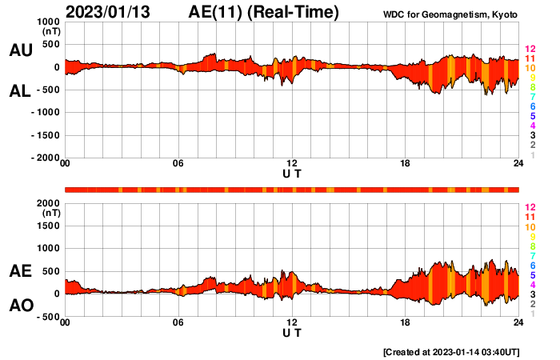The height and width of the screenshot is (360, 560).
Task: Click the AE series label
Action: tap(20, 271)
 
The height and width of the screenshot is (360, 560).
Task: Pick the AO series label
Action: tap(20, 306)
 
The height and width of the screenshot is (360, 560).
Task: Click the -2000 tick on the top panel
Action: tap(46, 158)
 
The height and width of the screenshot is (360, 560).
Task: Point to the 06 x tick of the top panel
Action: tap(178, 165)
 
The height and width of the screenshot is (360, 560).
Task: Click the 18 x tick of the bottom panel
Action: tap(406, 323)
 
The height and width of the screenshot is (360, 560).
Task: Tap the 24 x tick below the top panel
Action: tap(518, 165)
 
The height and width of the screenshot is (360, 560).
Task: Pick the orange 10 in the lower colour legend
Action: tap(530, 227)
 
